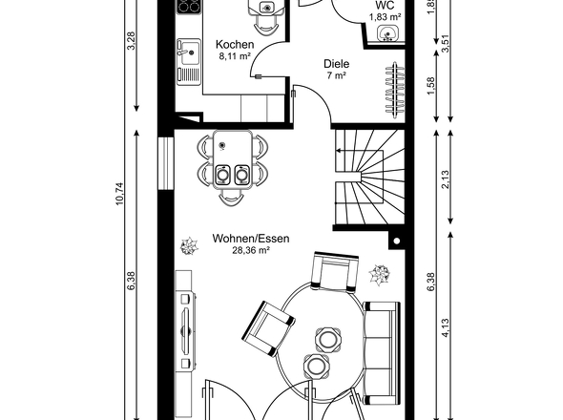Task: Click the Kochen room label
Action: coord(235,45)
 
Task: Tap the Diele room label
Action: coord(337,64)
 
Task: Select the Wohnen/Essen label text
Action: coord(251,239)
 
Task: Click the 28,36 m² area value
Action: coord(251,250)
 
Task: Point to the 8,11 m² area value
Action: coord(235,56)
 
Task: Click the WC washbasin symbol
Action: coord(387,33)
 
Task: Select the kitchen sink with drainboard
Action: coord(189,62)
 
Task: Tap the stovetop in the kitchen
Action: coord(189,6)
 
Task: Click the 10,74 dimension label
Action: coord(119,194)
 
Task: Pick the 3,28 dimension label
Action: coord(132,41)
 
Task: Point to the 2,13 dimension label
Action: coord(445,179)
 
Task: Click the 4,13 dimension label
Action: coord(445,327)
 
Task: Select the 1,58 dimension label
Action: coord(431,86)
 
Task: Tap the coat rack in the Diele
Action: coord(395,90)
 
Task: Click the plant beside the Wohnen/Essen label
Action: coord(189,246)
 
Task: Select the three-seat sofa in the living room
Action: coord(382,353)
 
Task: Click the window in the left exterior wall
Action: coord(166,163)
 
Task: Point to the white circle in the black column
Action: coord(397,241)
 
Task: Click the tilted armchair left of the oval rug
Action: coord(268,328)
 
